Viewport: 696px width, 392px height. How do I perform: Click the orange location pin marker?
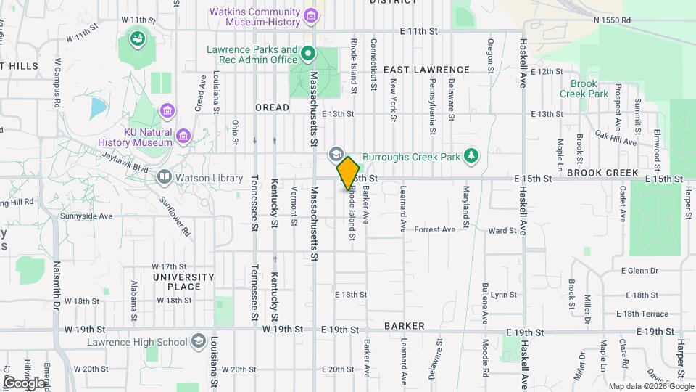348,173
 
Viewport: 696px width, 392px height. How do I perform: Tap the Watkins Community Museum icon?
311,15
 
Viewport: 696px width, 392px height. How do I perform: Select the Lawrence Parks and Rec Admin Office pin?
307,52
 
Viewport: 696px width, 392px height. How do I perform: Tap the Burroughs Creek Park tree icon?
471,155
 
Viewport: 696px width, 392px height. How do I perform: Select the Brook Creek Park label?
584,89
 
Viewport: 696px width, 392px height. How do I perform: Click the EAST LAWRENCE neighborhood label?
427,70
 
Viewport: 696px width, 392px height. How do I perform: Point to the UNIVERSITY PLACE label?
183,282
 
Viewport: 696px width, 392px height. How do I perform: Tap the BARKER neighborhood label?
405,326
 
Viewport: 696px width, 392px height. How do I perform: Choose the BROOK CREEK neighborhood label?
602,173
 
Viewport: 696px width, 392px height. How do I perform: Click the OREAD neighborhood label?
272,107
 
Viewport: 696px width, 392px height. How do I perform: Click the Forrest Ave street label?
434,229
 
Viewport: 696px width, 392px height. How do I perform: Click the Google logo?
23,383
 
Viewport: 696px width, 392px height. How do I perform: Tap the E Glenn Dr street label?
639,271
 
